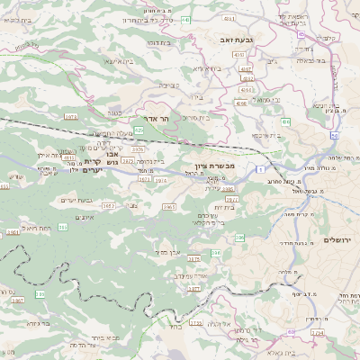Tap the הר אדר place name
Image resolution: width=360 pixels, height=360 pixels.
pyautogui.click(x=157, y=118)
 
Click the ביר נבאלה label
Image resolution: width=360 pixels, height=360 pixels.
pyautogui.click(x=314, y=61)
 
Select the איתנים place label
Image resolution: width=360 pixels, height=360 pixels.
pyautogui.click(x=86, y=217)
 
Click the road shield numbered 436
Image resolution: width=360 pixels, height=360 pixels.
pyautogui.click(x=286, y=121)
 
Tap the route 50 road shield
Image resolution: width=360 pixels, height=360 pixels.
pyautogui.click(x=333, y=135)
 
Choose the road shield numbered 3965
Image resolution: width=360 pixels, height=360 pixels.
pyautogui.click(x=168, y=207)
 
